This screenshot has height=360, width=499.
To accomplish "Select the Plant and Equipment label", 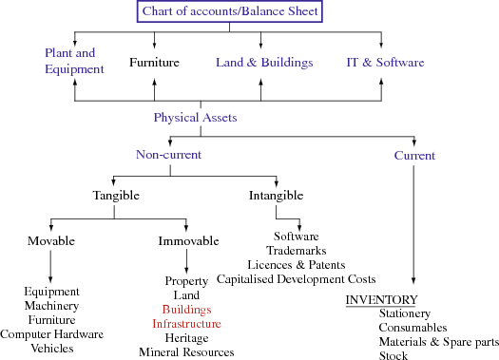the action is tap(73, 61).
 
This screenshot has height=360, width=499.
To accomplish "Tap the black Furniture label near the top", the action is tap(155, 63).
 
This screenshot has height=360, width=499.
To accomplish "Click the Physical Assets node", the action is tap(195, 119).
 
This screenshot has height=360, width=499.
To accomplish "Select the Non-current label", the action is tap(169, 155).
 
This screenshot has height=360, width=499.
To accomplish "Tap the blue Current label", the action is tap(414, 155).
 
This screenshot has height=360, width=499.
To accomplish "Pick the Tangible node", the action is tap(116, 195).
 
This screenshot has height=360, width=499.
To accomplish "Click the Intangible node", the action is tap(276, 195).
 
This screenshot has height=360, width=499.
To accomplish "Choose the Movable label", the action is tap(50, 240).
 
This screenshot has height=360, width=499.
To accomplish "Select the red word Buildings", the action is tap(186, 310).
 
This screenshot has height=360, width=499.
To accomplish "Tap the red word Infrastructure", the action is tap(186, 324).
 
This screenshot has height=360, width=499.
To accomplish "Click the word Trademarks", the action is tap(297, 250).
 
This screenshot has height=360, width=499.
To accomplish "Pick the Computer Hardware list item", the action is tap(51, 334).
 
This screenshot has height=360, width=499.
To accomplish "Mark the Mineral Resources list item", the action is tap(186, 352).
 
